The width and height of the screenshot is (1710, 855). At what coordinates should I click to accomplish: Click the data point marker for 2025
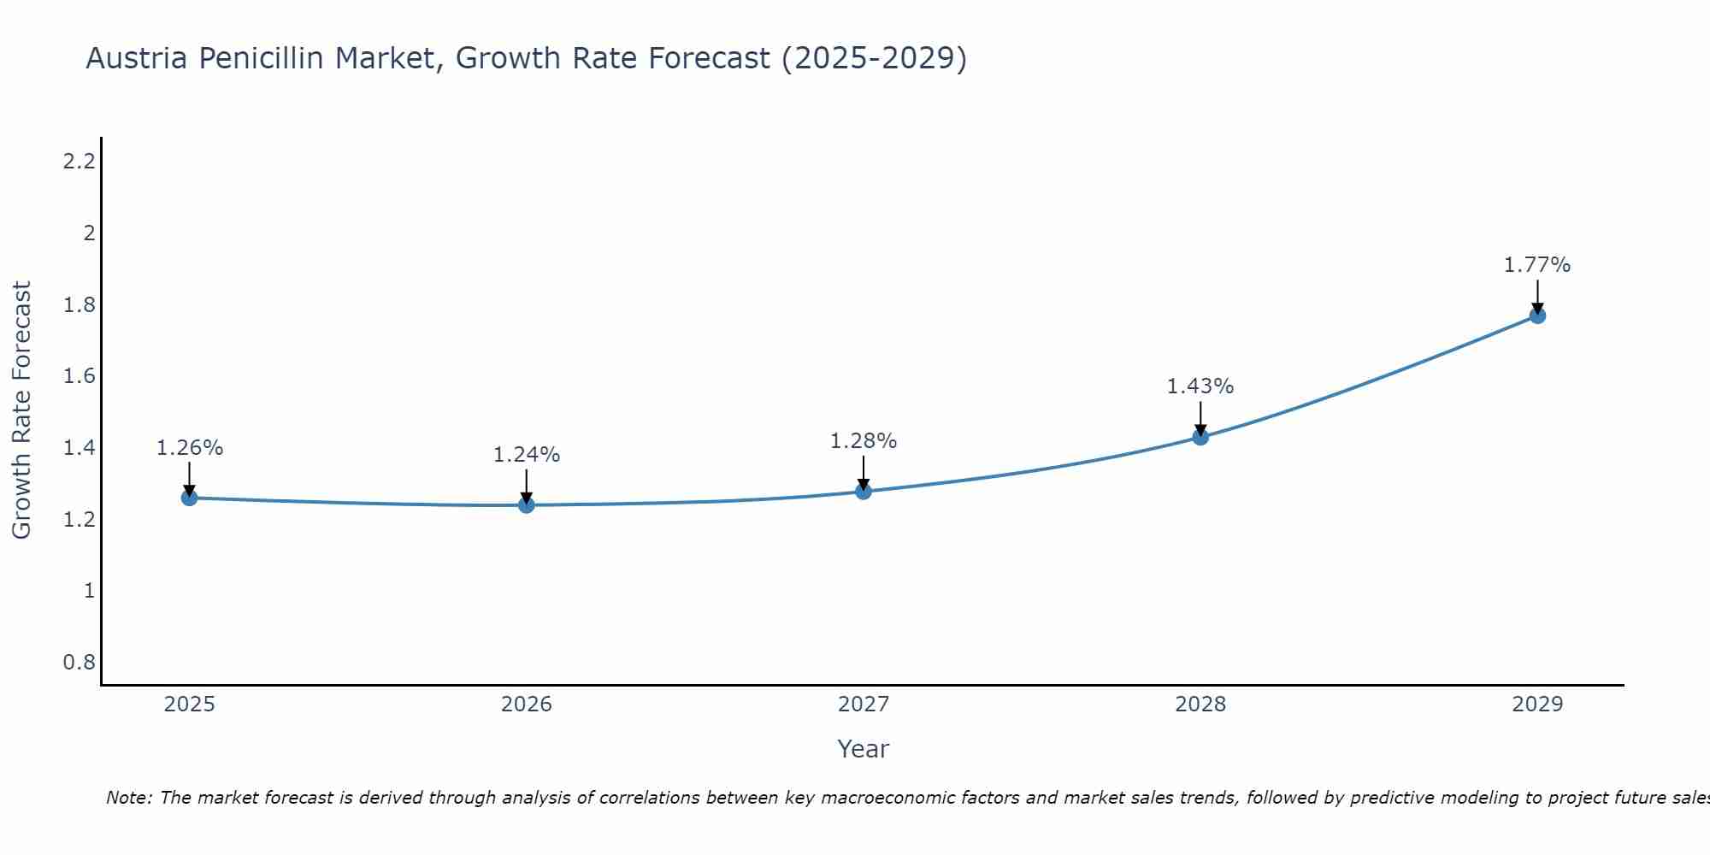pyautogui.click(x=189, y=498)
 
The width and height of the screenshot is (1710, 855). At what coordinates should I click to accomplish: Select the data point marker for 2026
pyautogui.click(x=527, y=505)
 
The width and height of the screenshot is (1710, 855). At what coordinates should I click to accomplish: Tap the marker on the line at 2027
pyautogui.click(x=864, y=491)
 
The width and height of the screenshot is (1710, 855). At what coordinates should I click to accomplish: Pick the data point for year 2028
pyautogui.click(x=1200, y=437)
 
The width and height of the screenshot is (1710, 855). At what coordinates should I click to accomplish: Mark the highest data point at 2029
pyautogui.click(x=1537, y=315)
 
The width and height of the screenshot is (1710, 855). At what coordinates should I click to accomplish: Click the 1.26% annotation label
pyautogui.click(x=190, y=448)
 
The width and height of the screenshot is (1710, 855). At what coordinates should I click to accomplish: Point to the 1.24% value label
pyautogui.click(x=527, y=455)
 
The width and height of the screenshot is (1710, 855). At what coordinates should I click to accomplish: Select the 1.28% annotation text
pyautogui.click(x=864, y=441)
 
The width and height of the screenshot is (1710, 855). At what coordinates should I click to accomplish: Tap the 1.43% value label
pyautogui.click(x=1200, y=386)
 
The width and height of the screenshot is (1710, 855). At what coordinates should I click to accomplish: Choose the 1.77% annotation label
pyautogui.click(x=1537, y=265)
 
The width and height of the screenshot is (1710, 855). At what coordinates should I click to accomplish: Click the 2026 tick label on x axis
pyautogui.click(x=527, y=705)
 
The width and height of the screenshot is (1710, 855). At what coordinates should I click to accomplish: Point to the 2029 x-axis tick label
pyautogui.click(x=1537, y=705)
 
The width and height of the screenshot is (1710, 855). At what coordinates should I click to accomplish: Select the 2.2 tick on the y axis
pyautogui.click(x=80, y=161)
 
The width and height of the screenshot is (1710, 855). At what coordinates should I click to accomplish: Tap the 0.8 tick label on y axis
pyautogui.click(x=80, y=663)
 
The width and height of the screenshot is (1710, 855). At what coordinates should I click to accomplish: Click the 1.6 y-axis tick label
pyautogui.click(x=80, y=376)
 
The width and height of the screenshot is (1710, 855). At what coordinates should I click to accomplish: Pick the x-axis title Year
pyautogui.click(x=864, y=749)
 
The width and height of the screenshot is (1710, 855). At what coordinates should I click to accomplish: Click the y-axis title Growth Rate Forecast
pyautogui.click(x=22, y=410)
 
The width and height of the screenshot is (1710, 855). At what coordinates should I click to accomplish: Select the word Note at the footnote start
pyautogui.click(x=128, y=798)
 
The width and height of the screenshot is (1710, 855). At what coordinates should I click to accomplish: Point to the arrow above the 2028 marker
pyautogui.click(x=1200, y=417)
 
